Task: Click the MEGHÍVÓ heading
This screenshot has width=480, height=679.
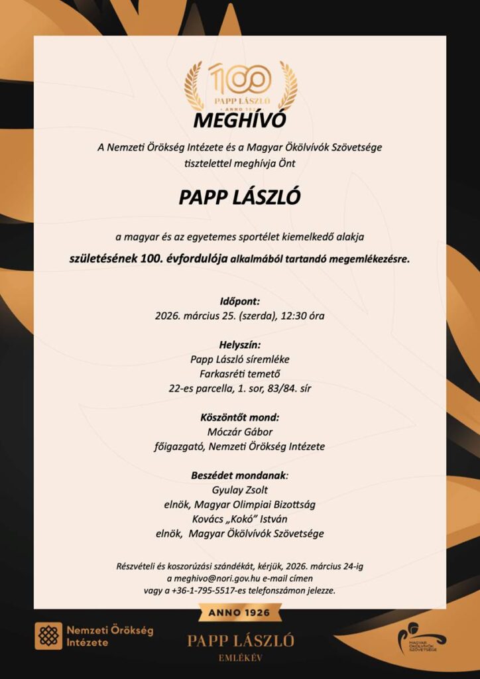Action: (239, 121)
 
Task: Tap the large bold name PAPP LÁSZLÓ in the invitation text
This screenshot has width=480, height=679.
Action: (239, 198)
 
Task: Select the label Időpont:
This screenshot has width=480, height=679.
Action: (239, 301)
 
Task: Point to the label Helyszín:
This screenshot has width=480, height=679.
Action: (239, 345)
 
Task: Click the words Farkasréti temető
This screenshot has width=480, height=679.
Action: (239, 374)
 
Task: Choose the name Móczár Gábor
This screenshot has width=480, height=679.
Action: (239, 432)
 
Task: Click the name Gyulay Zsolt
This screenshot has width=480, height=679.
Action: (239, 490)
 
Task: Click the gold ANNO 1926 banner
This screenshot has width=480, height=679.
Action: (239, 613)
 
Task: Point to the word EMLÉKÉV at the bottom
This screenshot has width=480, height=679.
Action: (239, 658)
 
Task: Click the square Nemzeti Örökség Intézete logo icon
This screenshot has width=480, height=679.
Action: (48, 635)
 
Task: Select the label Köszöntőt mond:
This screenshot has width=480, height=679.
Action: (239, 418)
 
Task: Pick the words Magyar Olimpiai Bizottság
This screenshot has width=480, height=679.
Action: (268, 505)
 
